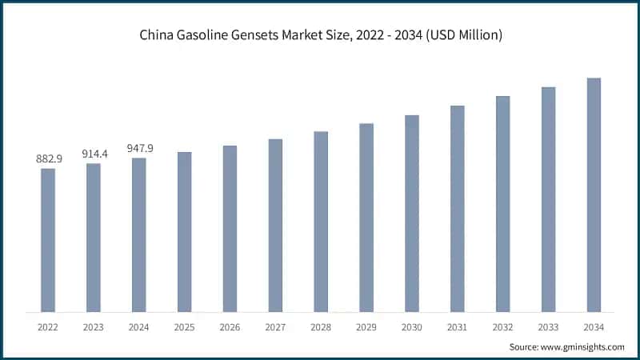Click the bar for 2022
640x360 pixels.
(48, 240)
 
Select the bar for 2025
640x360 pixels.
(184, 232)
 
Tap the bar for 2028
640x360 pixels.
(321, 222)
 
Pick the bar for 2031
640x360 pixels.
(457, 208)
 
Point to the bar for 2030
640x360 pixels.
(411, 213)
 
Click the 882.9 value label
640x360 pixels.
(48, 159)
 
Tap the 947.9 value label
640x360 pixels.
(139, 149)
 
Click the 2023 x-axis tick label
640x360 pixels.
(94, 326)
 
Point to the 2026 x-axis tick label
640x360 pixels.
(230, 326)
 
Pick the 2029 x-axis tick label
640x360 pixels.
(366, 326)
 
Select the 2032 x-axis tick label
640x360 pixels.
(502, 326)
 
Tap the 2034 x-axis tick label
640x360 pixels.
(594, 326)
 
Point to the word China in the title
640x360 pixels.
(157, 36)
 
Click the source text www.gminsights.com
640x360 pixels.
(584, 346)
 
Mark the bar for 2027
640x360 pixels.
(275, 226)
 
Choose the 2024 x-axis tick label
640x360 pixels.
(139, 326)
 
